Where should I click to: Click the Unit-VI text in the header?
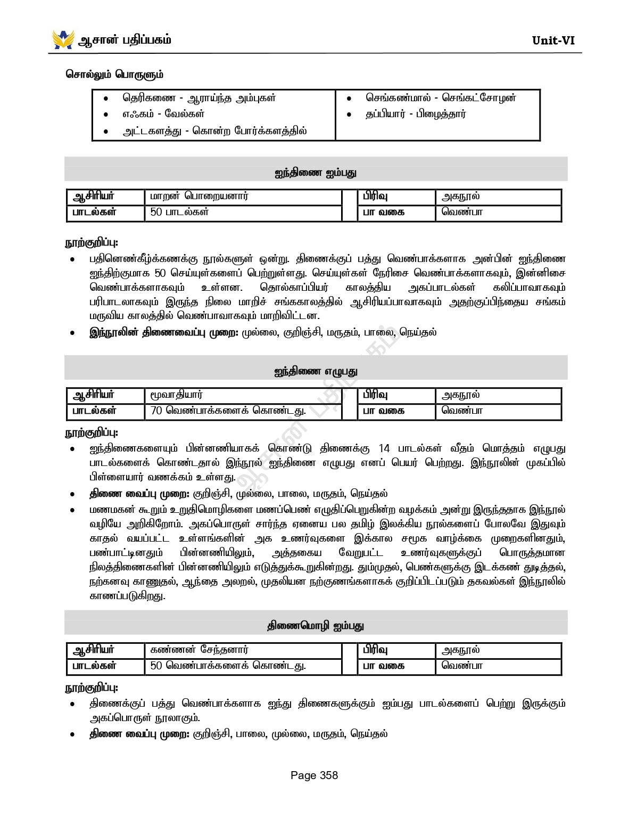(553, 40)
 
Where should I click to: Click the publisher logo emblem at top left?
(63, 39)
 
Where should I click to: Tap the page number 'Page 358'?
(314, 775)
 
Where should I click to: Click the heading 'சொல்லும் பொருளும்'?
(114, 75)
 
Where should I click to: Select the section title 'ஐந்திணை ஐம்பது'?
(316, 173)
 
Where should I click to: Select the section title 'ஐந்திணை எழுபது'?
(316, 372)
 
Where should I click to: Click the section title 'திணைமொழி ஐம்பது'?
(316, 626)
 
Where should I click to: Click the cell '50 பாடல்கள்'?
(179, 212)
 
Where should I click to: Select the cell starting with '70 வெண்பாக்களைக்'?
(228, 411)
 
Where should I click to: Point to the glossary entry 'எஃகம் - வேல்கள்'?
(163, 114)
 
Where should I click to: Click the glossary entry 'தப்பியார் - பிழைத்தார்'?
(416, 114)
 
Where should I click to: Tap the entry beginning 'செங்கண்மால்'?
(441, 98)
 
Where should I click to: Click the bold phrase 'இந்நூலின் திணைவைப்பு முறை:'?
(164, 333)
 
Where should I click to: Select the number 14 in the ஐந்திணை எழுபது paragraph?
(384, 448)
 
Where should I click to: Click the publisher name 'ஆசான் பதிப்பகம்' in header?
(125, 40)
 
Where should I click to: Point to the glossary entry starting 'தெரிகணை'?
(199, 98)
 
